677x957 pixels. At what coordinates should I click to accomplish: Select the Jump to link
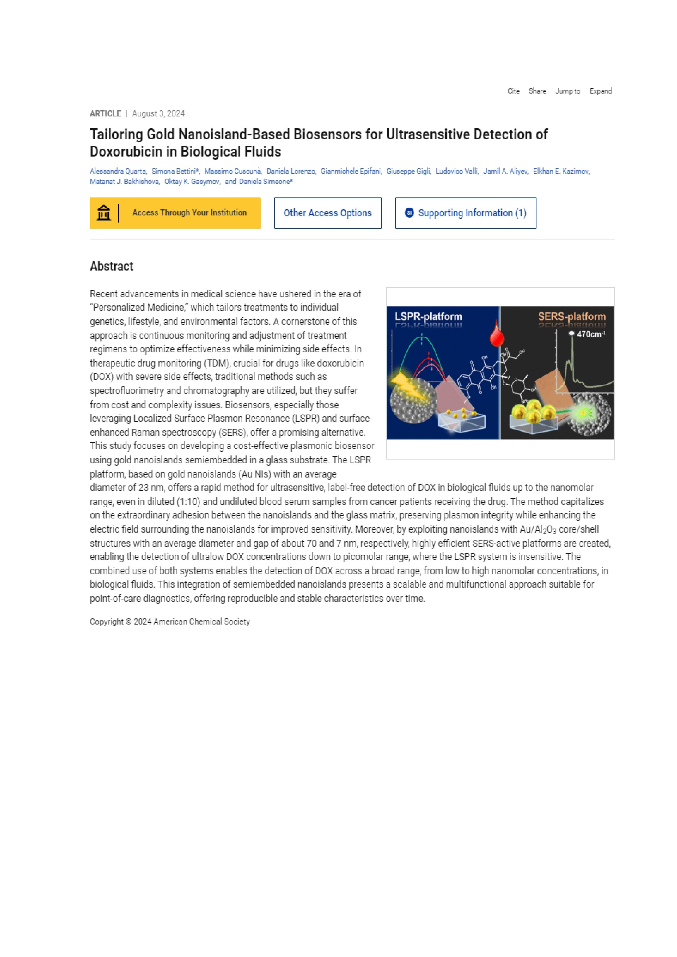point(567,91)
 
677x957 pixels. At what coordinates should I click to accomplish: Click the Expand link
point(600,91)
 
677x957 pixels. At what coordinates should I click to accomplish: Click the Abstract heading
point(111,266)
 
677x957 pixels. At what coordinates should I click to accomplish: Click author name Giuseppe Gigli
point(408,171)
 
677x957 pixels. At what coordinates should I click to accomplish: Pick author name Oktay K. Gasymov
point(192,182)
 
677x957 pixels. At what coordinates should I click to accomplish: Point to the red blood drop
point(496,334)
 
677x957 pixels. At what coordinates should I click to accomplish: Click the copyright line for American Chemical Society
point(170,622)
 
